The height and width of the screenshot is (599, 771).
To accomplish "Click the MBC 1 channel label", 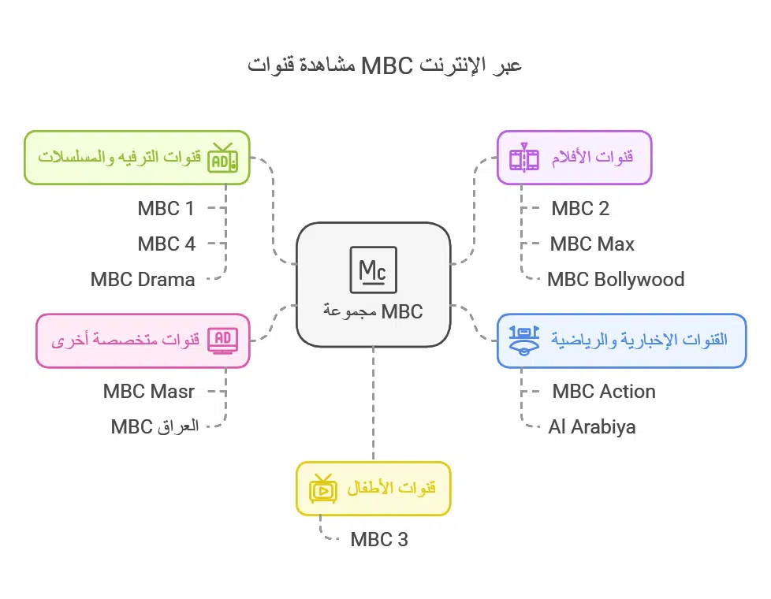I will (166, 209).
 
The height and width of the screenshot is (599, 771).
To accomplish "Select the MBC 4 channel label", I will (166, 244).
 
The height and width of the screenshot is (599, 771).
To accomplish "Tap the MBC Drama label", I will (143, 280).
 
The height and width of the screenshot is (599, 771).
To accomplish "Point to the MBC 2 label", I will (580, 209).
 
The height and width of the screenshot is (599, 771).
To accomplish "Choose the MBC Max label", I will (592, 244).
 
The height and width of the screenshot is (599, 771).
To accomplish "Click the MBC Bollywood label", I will (616, 280).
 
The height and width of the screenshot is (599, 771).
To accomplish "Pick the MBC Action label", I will (604, 392).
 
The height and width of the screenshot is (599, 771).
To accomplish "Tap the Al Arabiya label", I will (592, 427).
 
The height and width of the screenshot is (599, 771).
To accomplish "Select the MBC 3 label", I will (379, 540).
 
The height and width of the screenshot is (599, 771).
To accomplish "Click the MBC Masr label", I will (149, 392).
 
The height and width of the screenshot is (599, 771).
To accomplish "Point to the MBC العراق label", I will (155, 427).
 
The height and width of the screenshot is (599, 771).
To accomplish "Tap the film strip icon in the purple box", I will (524, 158).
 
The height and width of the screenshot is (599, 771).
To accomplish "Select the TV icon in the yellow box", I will (323, 489).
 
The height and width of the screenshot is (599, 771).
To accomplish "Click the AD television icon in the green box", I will (222, 158).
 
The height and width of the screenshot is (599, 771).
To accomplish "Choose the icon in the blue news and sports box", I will (524, 340).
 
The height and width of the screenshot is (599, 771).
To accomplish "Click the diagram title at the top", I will (385, 65).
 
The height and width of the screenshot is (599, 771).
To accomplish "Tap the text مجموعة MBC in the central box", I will (373, 311).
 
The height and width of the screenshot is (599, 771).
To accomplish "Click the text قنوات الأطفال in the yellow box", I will (392, 489).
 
